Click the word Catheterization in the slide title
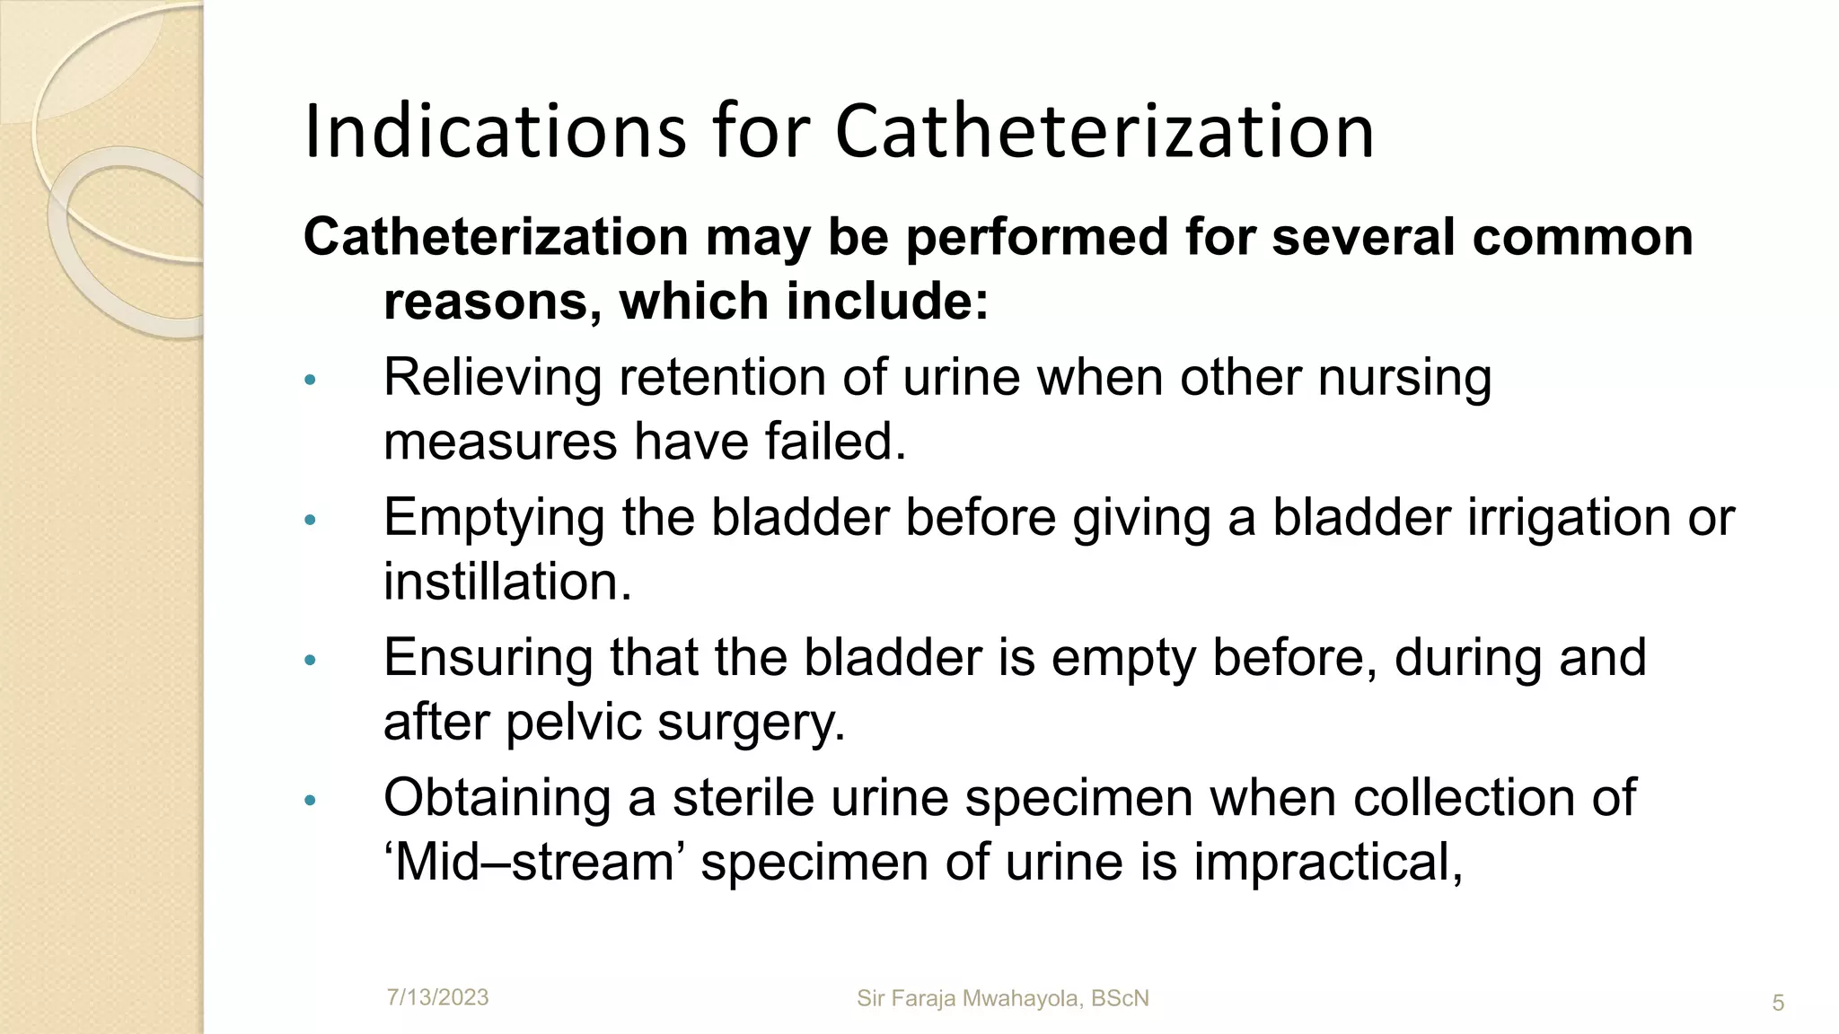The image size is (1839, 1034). [1104, 132]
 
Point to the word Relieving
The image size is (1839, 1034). [493, 377]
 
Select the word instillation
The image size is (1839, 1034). [507, 582]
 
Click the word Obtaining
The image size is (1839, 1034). [497, 798]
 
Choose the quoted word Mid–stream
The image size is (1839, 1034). [534, 863]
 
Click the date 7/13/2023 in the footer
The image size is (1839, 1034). [437, 997]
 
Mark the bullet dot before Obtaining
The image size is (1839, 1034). [311, 800]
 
